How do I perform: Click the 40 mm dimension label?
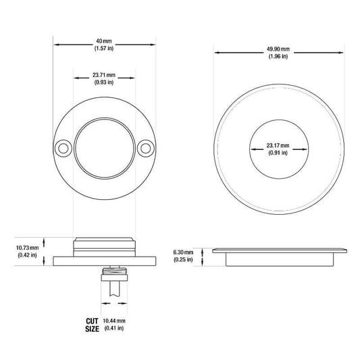click(x=104, y=41)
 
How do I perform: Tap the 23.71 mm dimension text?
click(x=104, y=75)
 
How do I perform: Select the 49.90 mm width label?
click(x=278, y=49)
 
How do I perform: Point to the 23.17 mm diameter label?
click(x=278, y=146)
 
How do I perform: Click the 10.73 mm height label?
click(x=27, y=248)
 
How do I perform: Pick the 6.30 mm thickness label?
click(x=183, y=253)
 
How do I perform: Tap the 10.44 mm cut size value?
click(x=114, y=321)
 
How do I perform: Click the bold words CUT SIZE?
click(x=92, y=325)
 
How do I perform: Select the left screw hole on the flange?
click(x=63, y=149)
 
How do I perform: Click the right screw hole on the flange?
click(x=146, y=149)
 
